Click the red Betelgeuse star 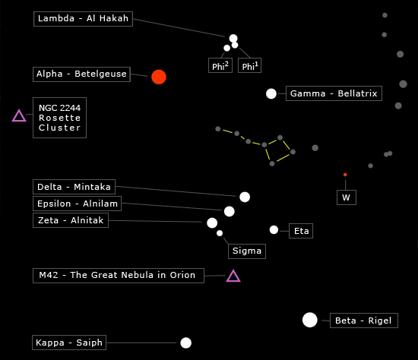pyautogui.click(x=159, y=77)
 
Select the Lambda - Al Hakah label pyautogui.click(x=83, y=19)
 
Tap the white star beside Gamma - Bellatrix pyautogui.click(x=271, y=93)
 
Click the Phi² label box pyautogui.click(x=220, y=65)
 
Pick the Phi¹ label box pyautogui.click(x=249, y=65)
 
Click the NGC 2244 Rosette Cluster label pyautogui.click(x=60, y=118)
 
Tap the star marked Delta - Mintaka pyautogui.click(x=245, y=197)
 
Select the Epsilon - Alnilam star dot pyautogui.click(x=230, y=212)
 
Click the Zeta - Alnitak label pyautogui.click(x=71, y=220)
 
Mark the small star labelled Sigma pyautogui.click(x=220, y=233)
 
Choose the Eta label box pyautogui.click(x=301, y=231)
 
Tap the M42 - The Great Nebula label pyautogui.click(x=119, y=276)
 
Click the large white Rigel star pyautogui.click(x=310, y=320)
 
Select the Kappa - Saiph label pyautogui.click(x=69, y=343)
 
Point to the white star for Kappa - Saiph pyautogui.click(x=185, y=343)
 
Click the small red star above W pyautogui.click(x=345, y=175)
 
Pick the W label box pyautogui.click(x=347, y=197)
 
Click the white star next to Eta pyautogui.click(x=274, y=229)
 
